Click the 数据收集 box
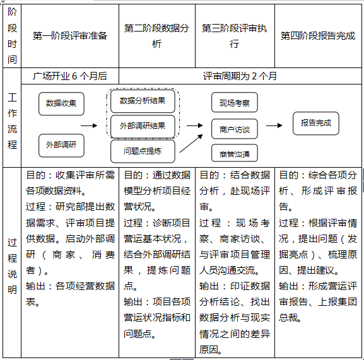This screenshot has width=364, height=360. (61, 103)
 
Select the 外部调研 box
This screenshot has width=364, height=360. (61, 146)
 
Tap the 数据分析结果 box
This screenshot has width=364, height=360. (142, 101)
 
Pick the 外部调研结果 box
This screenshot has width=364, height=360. (142, 126)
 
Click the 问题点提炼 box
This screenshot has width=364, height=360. (142, 151)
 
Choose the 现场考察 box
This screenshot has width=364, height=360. (234, 103)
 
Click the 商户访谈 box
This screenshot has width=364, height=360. (234, 129)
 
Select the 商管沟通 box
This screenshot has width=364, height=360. (234, 153)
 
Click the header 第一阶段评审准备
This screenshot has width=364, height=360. (70, 36)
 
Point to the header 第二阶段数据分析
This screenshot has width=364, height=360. (156, 36)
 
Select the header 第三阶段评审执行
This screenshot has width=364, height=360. (234, 36)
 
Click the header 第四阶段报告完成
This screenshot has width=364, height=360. (318, 36)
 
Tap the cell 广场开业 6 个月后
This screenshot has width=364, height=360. (70, 76)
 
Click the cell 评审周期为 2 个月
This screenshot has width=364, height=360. (240, 76)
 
